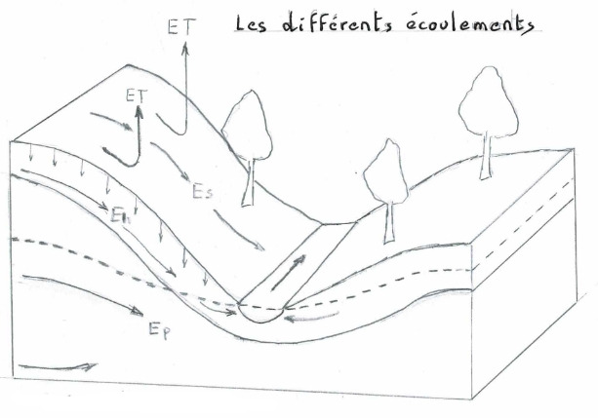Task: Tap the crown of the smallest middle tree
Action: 384,172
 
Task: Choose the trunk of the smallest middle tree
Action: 389,221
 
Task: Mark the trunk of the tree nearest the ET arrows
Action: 251,184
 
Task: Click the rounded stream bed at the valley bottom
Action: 261,315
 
